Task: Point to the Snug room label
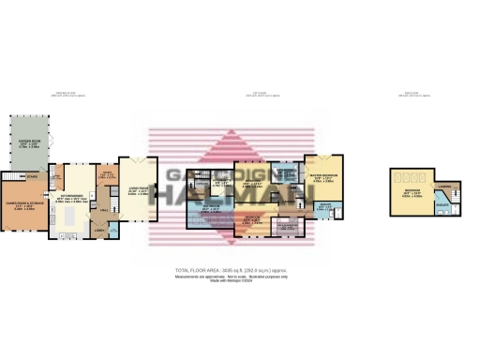coord(107,175)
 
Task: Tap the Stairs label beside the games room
coord(31,176)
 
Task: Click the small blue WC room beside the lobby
coord(112,229)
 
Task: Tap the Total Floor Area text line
coord(239,270)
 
